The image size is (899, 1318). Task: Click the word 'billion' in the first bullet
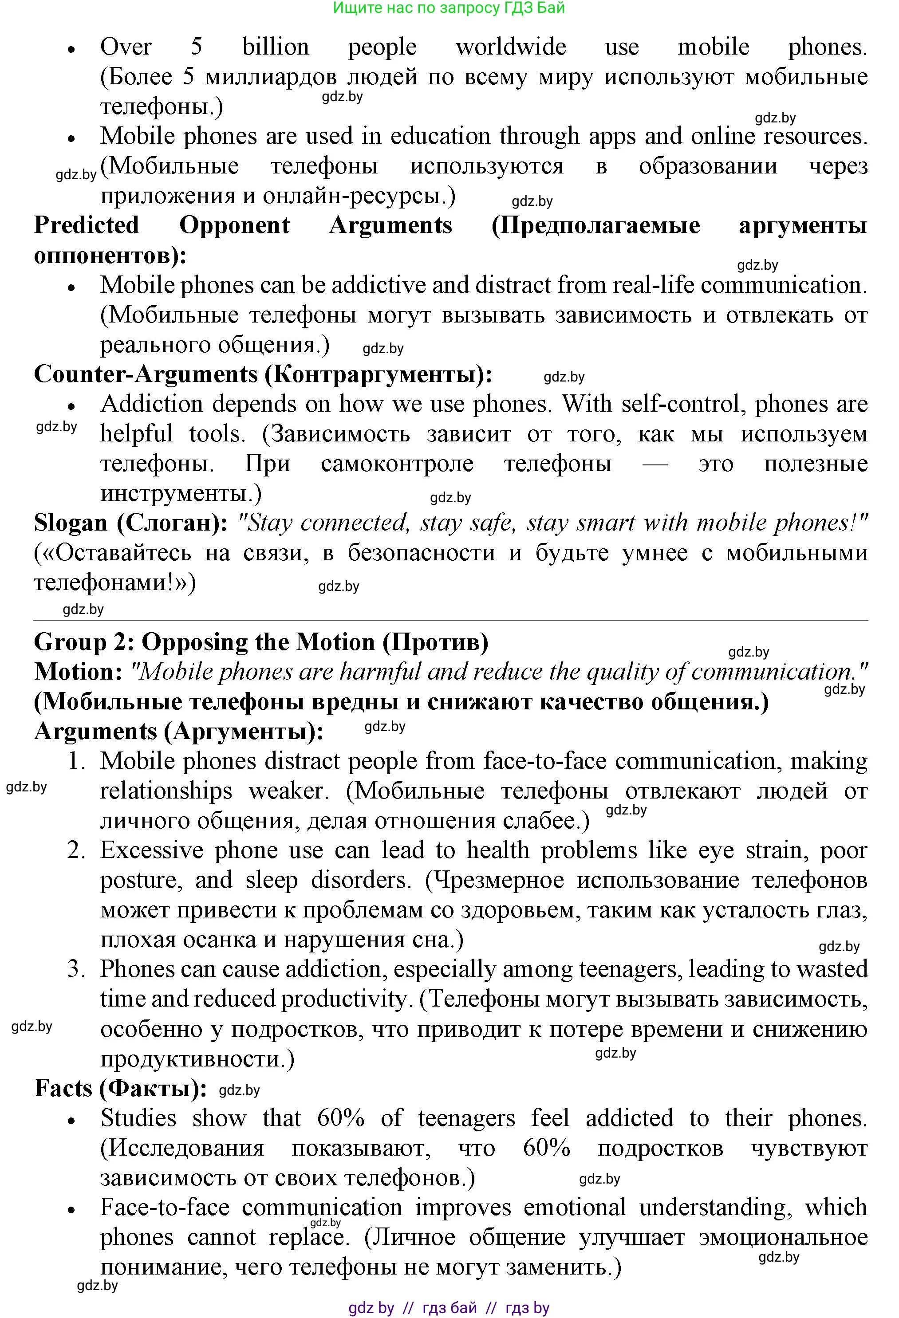276,47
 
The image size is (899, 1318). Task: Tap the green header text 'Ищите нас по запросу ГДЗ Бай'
449,8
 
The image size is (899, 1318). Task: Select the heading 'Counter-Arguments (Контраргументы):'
263,374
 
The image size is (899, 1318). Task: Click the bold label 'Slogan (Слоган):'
130,522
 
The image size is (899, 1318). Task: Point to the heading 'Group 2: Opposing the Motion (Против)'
261,642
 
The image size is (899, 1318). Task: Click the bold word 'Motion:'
78,672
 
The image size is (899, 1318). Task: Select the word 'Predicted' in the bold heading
86,225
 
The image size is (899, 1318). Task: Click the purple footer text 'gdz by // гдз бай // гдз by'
449,1308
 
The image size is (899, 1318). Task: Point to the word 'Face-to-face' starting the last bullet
165,1208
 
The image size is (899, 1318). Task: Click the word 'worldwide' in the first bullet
510,47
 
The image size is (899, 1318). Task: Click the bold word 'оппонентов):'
110,255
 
